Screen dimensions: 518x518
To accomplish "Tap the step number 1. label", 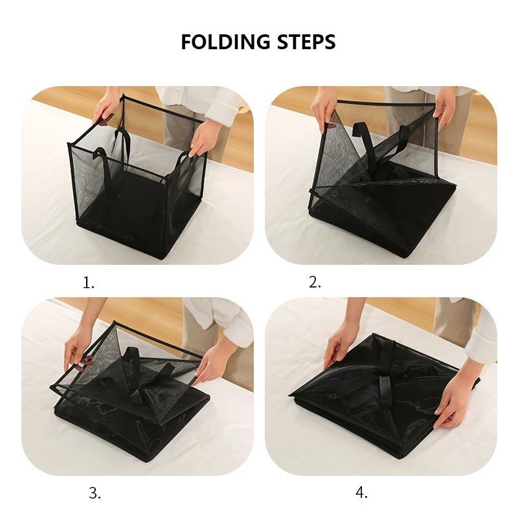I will coord(89,282).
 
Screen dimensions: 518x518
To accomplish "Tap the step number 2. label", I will coord(315,282).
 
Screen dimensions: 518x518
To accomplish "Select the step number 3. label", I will coord(95,493).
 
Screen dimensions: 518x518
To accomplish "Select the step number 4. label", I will coord(361,493).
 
